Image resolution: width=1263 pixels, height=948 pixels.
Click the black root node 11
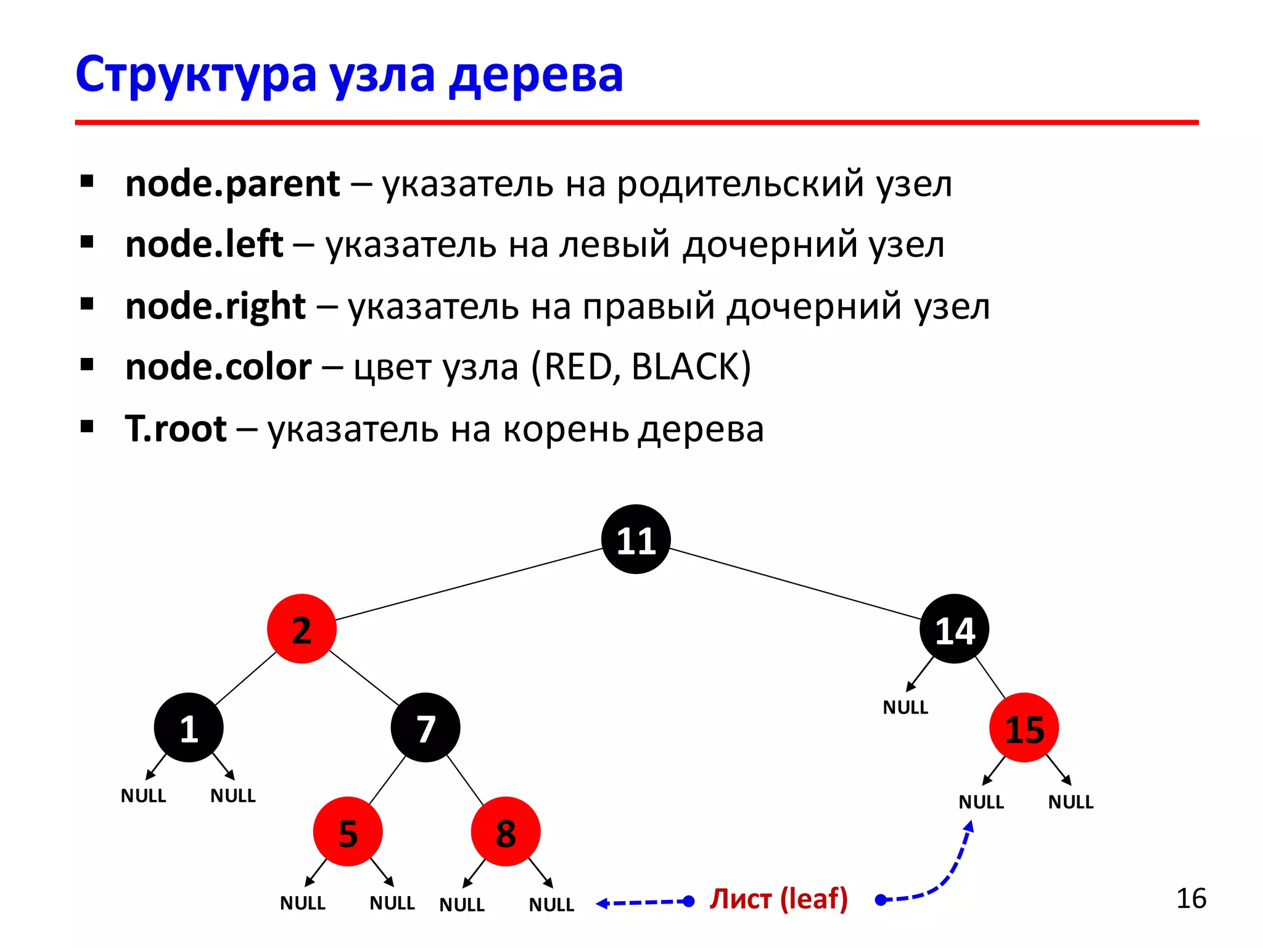[636, 539]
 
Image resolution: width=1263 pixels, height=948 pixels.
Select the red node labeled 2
[302, 629]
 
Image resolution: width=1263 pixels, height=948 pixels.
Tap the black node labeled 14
[954, 629]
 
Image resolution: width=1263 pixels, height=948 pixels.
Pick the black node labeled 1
[189, 728]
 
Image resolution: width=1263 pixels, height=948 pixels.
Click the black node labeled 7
[426, 728]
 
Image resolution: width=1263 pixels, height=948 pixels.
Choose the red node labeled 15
[1024, 728]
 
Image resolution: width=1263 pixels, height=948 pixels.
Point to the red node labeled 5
[348, 832]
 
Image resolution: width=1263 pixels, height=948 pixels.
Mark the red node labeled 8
[506, 832]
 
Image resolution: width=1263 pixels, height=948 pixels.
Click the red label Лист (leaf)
[778, 899]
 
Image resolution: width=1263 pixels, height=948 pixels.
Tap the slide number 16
[1191, 899]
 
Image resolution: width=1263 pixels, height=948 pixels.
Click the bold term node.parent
[232, 184]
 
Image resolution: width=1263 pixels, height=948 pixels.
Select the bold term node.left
[204, 244]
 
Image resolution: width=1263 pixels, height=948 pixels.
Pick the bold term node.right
[215, 306]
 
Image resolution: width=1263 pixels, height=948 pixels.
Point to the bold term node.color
[218, 367]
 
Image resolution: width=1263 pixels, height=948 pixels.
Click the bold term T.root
[176, 429]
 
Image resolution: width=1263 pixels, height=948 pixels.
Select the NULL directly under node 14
[905, 707]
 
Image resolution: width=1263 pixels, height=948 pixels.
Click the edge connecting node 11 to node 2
[469, 584]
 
